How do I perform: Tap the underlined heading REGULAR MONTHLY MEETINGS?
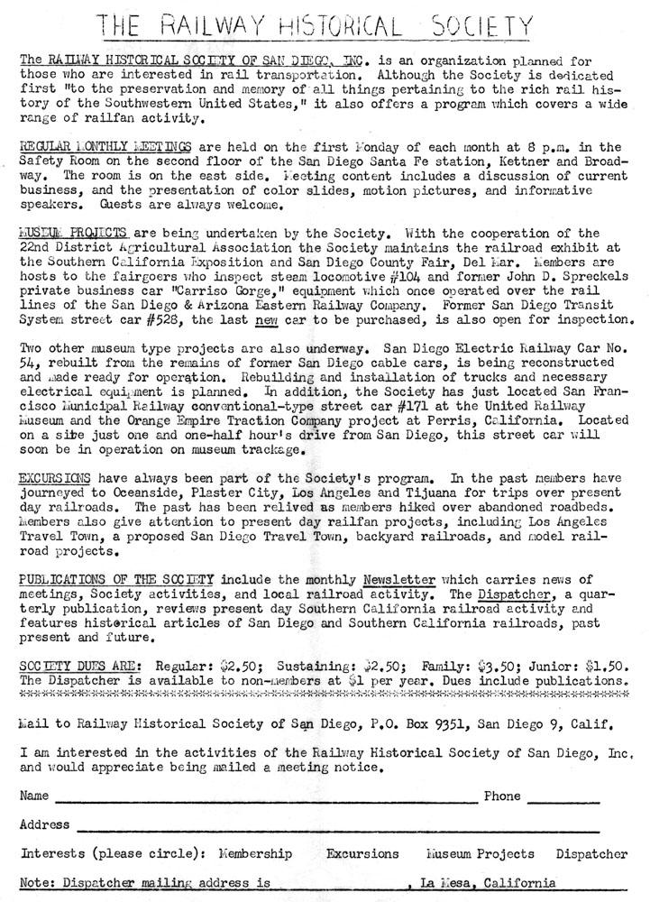point(93,147)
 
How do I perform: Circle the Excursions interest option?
point(362,853)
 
